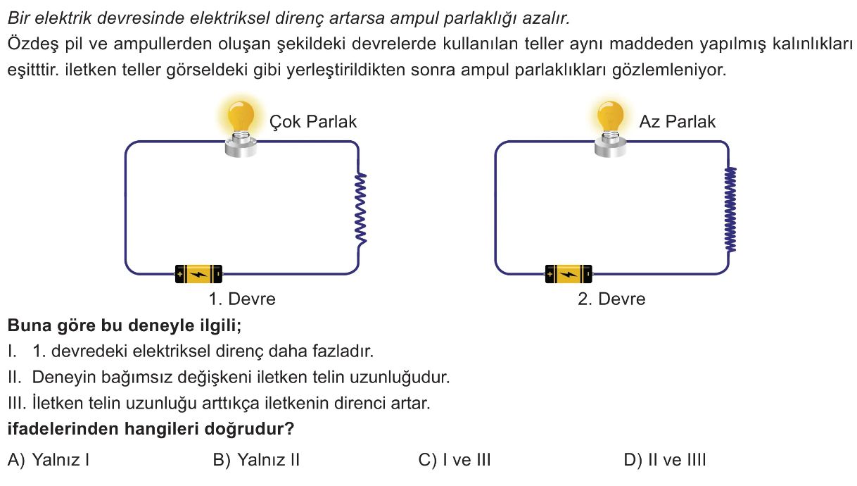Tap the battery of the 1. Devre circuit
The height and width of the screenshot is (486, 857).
[198, 273]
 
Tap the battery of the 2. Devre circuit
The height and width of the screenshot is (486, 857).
[569, 273]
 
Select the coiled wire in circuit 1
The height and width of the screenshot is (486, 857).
[362, 210]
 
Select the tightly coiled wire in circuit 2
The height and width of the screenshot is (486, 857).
[731, 209]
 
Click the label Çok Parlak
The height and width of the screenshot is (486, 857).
[313, 122]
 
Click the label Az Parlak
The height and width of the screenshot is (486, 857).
[677, 122]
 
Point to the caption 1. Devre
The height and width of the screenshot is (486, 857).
[242, 299]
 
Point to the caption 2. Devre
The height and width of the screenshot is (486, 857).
[611, 299]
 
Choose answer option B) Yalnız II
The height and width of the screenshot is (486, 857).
[256, 461]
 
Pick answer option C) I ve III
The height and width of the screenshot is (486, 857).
[455, 461]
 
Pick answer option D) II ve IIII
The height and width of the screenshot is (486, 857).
[665, 461]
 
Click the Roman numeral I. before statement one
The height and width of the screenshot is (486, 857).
[12, 350]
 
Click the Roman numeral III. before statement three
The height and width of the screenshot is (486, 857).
[16, 404]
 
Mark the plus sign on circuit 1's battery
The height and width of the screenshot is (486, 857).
[179, 273]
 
